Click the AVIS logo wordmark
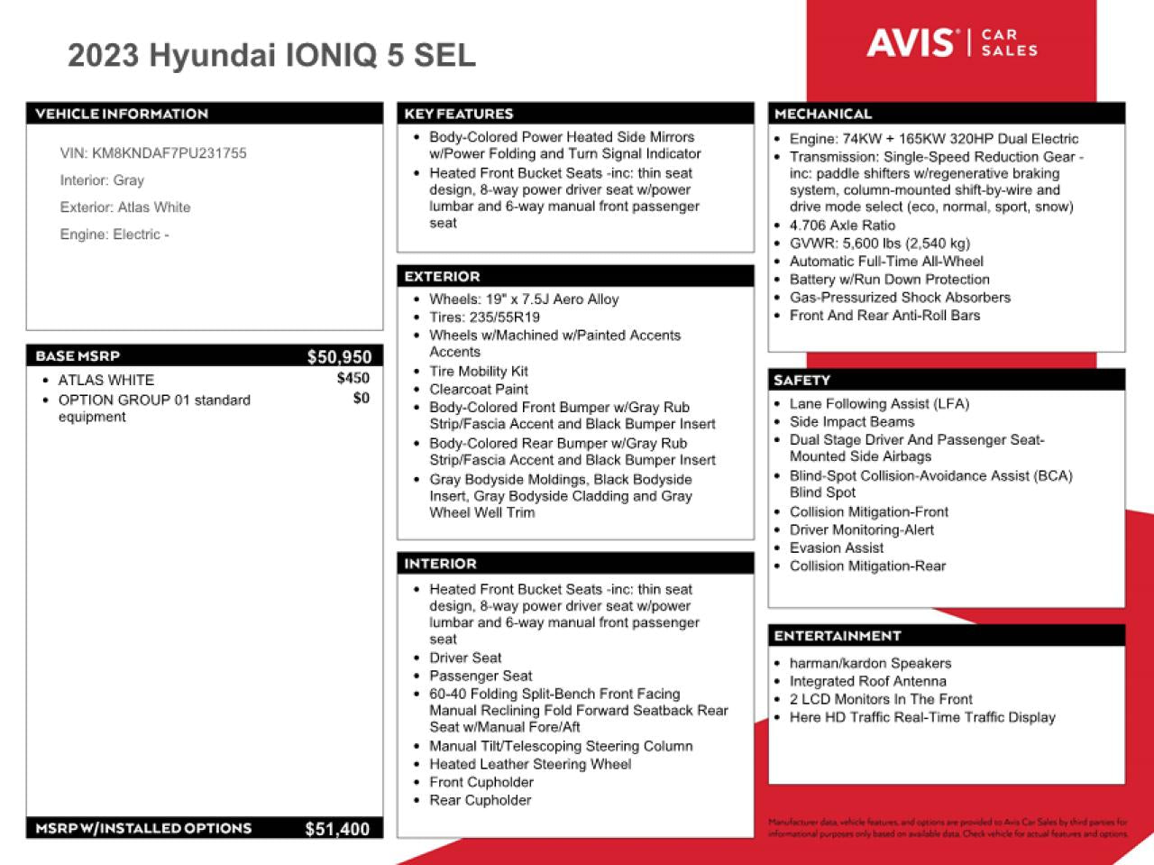point(910,42)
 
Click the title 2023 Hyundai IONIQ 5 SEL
point(271,56)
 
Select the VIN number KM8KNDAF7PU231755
point(169,153)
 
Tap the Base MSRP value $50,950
point(339,357)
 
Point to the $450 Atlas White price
point(353,379)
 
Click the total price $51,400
point(337,829)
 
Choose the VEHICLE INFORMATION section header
point(122,114)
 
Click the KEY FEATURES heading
point(459,114)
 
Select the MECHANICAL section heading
point(823,114)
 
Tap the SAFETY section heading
point(801,381)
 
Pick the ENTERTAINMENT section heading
point(838,636)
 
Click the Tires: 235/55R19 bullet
point(484,317)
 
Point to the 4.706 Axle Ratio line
point(842,225)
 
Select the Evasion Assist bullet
point(836,548)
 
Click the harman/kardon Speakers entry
point(870,664)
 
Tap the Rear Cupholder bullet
point(480,801)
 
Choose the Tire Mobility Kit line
point(478,372)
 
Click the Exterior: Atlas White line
point(125,207)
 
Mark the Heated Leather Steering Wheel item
point(530,765)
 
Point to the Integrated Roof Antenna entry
point(867,682)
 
